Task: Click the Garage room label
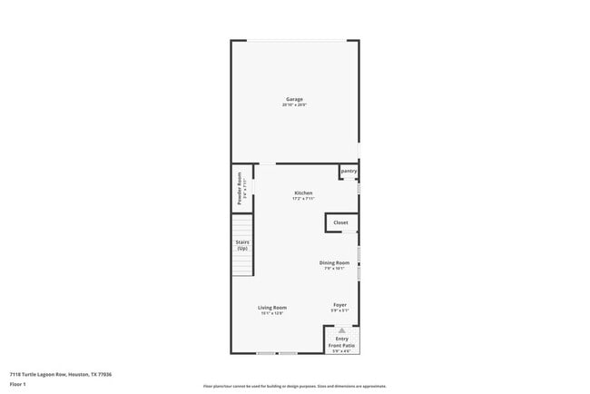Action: click(294, 99)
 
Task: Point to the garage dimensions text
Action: click(294, 105)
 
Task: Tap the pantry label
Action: click(349, 171)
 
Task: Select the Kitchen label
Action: click(303, 192)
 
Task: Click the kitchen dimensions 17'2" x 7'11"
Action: click(303, 199)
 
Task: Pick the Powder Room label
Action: click(240, 188)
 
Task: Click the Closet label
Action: click(340, 222)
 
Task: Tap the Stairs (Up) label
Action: click(243, 245)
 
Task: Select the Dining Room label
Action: click(334, 262)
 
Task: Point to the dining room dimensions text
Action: click(334, 269)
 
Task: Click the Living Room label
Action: click(272, 307)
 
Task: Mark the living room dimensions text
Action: click(272, 313)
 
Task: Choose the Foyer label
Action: click(339, 305)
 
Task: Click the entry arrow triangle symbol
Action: click(342, 330)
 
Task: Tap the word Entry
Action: click(342, 339)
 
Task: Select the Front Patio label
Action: click(342, 346)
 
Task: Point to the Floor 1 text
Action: click(18, 384)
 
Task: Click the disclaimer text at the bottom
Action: click(294, 386)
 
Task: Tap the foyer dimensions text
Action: click(339, 311)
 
